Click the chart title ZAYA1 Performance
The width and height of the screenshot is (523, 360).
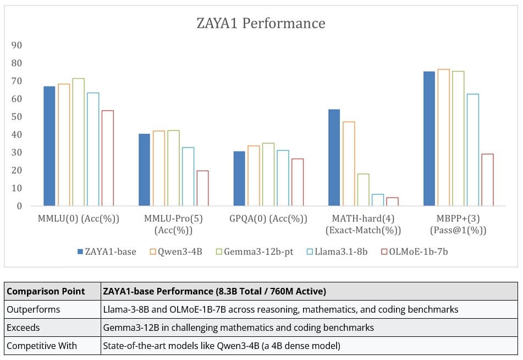(261, 23)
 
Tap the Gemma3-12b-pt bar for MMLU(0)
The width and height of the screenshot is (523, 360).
(78, 142)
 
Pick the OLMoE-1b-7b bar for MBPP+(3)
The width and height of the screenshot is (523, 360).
(487, 180)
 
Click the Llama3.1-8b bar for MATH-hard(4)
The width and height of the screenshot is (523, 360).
(378, 200)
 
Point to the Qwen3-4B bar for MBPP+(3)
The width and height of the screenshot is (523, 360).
(443, 138)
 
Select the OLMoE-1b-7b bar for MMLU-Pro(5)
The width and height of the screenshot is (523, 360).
(202, 188)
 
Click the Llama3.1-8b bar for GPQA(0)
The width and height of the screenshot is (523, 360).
(283, 178)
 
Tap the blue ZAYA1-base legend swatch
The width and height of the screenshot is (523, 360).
(80, 252)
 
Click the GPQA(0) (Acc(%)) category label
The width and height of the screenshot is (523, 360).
(268, 219)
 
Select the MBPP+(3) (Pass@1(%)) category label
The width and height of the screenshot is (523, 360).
(458, 224)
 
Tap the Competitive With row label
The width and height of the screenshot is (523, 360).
(42, 346)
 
